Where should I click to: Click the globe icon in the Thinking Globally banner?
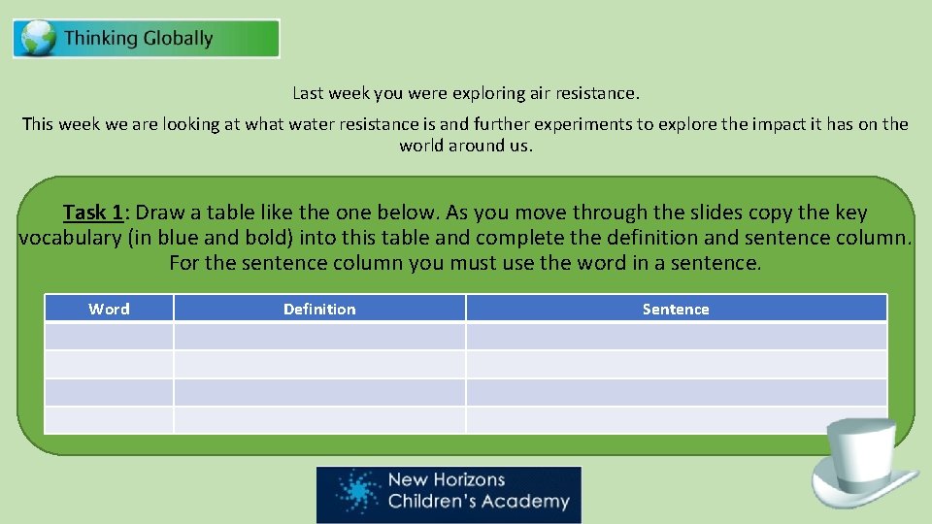(38, 40)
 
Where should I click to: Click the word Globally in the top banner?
(178, 39)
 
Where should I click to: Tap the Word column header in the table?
(109, 309)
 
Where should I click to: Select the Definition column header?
(319, 309)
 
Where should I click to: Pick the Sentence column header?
(676, 309)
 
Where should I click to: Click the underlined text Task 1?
(95, 213)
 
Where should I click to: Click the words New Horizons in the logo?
(447, 479)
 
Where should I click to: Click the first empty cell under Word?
(109, 337)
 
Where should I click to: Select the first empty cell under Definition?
(319, 337)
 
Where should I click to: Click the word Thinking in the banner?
(102, 39)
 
